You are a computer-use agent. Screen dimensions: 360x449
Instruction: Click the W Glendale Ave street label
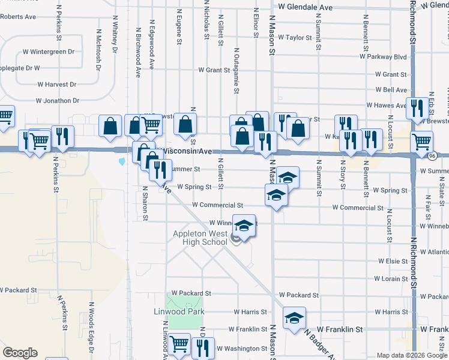305,7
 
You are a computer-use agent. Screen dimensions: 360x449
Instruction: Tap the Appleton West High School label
200,238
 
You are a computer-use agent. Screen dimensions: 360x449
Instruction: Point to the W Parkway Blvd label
383,57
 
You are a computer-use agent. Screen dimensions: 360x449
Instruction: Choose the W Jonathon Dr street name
58,101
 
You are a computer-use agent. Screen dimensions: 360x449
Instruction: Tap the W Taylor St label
295,37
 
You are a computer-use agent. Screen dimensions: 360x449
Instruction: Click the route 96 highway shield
432,156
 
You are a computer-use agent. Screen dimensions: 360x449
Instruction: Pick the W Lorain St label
391,279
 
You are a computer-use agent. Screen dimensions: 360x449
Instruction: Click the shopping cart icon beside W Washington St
179,344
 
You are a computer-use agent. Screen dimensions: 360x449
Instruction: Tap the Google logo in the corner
20,353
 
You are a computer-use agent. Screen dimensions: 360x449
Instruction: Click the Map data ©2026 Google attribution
412,355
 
